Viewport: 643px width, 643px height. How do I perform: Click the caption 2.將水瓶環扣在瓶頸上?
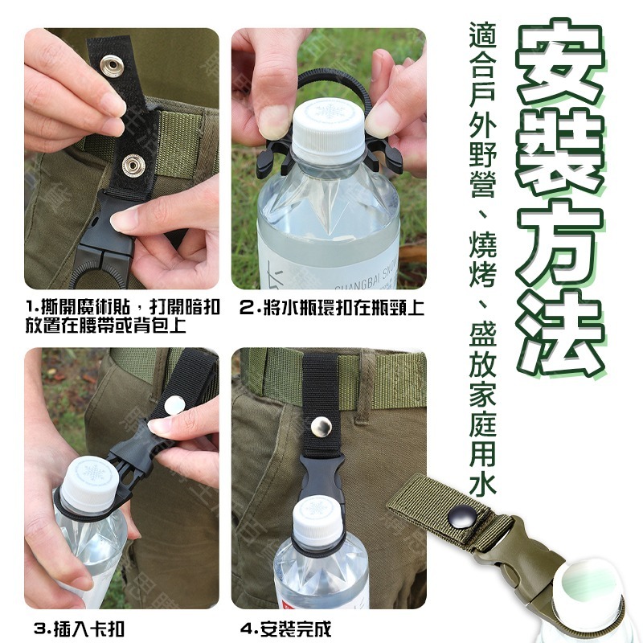tap(332, 306)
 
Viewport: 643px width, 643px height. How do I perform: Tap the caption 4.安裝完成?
tap(285, 627)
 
